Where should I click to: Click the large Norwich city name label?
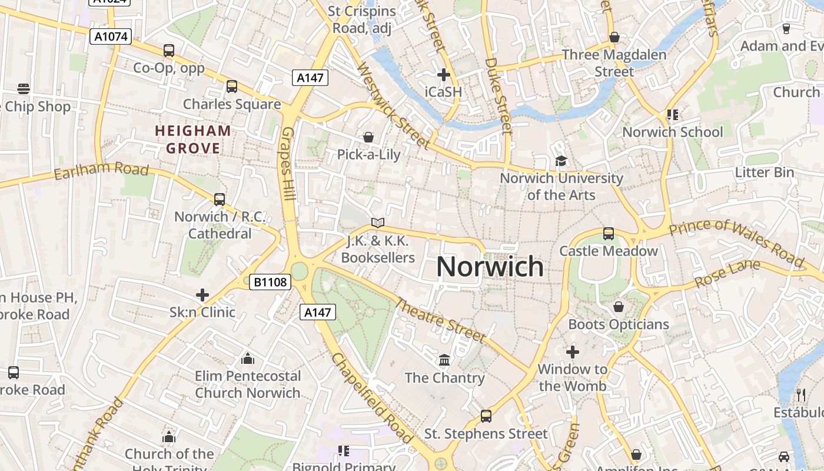(490, 267)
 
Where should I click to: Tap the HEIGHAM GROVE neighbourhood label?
(193, 139)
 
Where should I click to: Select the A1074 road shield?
(111, 37)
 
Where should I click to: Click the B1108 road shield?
(271, 282)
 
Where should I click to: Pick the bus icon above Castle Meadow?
(609, 234)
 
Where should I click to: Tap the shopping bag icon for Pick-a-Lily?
(368, 137)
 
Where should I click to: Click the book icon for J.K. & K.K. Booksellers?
(378, 223)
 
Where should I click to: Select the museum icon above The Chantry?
(444, 360)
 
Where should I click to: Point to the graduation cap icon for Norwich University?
(561, 161)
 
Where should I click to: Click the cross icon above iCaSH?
(444, 75)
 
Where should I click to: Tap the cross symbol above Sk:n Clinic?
(202, 294)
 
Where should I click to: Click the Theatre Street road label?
(440, 321)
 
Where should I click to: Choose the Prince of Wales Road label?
(736, 242)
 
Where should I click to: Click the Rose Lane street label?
(727, 274)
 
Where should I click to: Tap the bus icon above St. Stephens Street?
(486, 416)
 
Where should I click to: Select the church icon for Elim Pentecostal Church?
(248, 359)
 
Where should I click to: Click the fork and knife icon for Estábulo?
(800, 394)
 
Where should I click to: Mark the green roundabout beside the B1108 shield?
(300, 271)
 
